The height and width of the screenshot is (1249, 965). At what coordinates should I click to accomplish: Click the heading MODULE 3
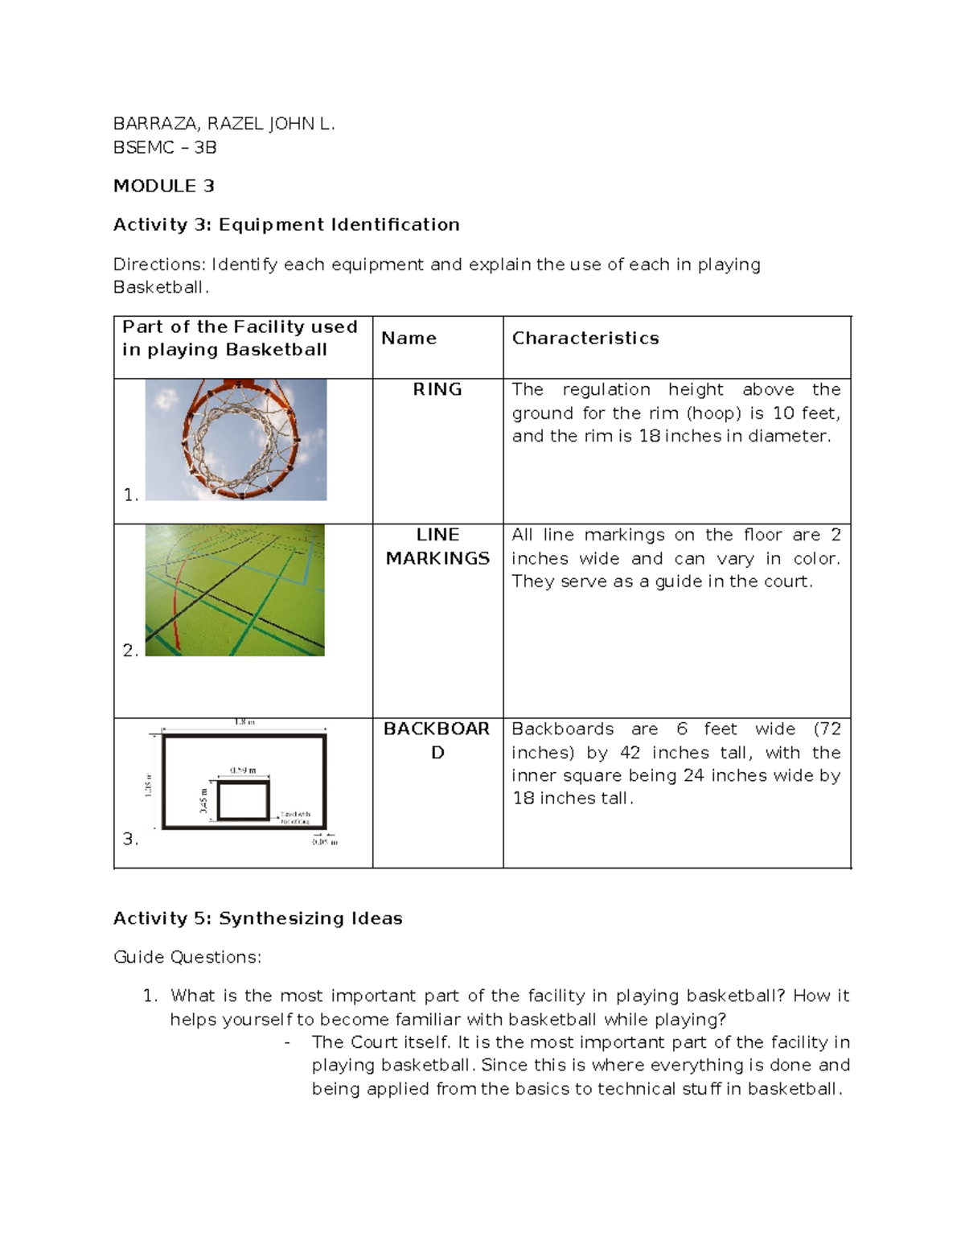point(163,186)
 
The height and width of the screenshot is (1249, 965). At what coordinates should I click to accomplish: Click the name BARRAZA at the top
point(155,124)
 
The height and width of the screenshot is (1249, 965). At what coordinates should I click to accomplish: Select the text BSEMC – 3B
point(165,147)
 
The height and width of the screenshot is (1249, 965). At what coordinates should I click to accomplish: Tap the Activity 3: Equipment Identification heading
point(286,224)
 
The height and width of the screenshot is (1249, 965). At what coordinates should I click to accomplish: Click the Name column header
point(409,338)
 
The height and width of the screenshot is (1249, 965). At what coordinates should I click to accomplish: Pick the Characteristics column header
point(585,338)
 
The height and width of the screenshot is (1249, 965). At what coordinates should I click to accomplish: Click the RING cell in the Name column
point(437,389)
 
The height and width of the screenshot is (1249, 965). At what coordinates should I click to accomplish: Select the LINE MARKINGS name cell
point(437,546)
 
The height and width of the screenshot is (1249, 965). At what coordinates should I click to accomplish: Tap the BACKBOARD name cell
point(437,740)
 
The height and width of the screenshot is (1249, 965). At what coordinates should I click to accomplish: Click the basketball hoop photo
point(236,439)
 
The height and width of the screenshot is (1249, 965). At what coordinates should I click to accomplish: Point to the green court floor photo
point(235,590)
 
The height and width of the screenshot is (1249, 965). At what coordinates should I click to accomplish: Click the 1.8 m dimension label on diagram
point(244,722)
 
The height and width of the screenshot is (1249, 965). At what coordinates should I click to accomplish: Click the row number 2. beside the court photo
point(130,650)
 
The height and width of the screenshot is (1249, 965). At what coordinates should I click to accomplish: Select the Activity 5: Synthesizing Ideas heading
point(257,918)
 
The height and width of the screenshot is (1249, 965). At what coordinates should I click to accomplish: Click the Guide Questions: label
point(187,957)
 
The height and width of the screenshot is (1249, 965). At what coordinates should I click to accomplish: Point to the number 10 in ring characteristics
point(783,413)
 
